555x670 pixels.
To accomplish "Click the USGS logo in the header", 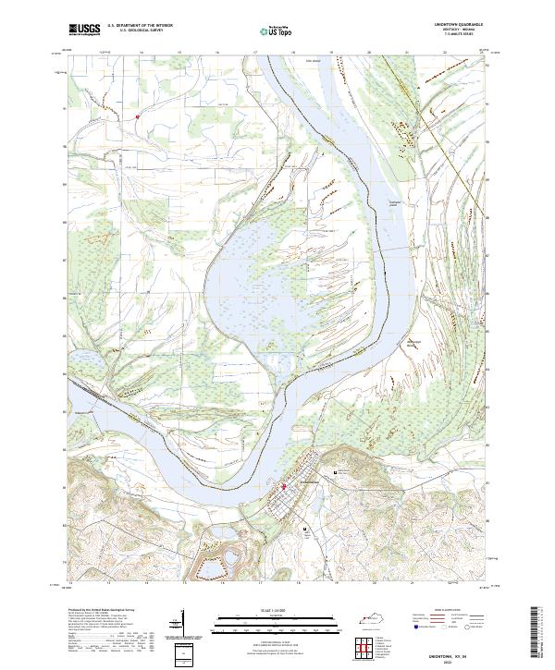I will coord(84,29).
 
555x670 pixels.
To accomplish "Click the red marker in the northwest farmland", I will coord(137,117).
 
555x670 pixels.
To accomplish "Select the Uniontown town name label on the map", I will coord(308,482).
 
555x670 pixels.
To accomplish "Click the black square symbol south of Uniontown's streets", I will coord(305,529).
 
